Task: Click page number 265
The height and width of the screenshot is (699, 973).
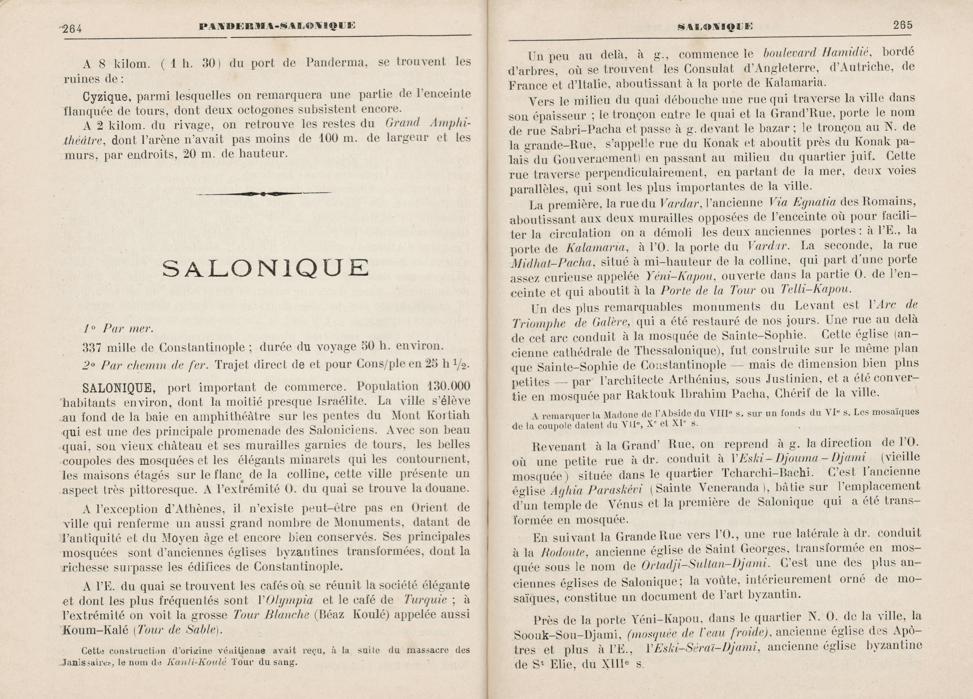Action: (903, 25)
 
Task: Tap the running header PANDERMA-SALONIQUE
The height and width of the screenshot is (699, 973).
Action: (277, 27)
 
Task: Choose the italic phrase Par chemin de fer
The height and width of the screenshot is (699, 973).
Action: (145, 365)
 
